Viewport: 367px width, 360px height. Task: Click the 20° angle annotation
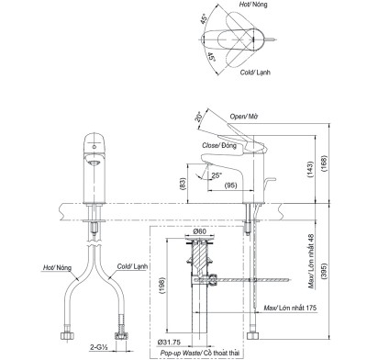tap(198, 118)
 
